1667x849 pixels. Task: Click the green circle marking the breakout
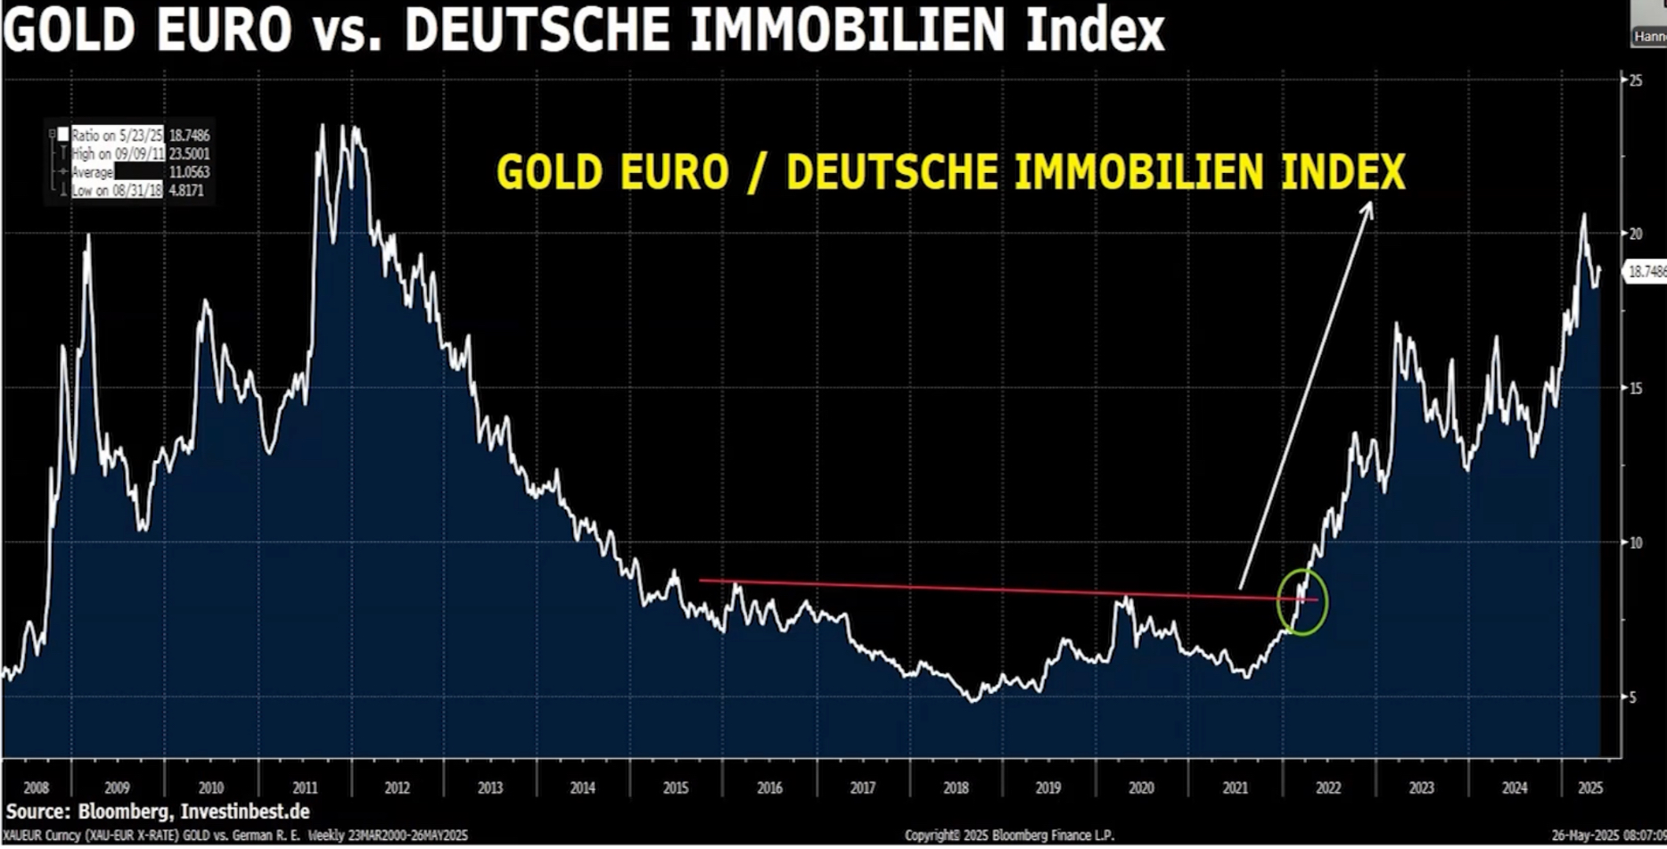pyautogui.click(x=1302, y=602)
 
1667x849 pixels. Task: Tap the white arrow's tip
pyautogui.click(x=1370, y=204)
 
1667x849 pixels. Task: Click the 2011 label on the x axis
pyautogui.click(x=305, y=788)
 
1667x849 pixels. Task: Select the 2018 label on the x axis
pyautogui.click(x=956, y=788)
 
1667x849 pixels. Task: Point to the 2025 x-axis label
pyautogui.click(x=1590, y=788)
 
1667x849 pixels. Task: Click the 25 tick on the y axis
pyautogui.click(x=1636, y=80)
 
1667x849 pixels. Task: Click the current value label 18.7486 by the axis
pyautogui.click(x=1646, y=271)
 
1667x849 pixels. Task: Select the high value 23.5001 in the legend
pyautogui.click(x=189, y=153)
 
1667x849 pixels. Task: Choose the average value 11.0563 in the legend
pyautogui.click(x=189, y=172)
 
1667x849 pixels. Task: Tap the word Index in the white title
pyautogui.click(x=1095, y=29)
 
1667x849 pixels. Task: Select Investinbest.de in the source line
pyautogui.click(x=245, y=812)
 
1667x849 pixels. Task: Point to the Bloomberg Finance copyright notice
pyautogui.click(x=1009, y=836)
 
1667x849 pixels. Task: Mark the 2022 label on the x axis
pyautogui.click(x=1327, y=788)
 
